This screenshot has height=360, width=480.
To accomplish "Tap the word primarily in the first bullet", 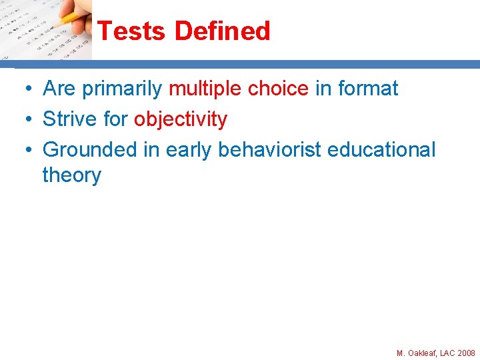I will pos(122,89).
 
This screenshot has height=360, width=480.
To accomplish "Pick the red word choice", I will pos(278,89).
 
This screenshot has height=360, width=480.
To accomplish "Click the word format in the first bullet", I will pos(368,89).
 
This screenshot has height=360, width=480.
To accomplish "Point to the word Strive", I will pos(69,119).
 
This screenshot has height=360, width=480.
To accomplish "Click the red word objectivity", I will pos(181,119).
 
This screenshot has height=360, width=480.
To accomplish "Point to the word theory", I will pos(71,175).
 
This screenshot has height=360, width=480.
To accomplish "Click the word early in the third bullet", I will pos(189,150).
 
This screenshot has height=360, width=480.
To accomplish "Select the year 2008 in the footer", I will pos(466,353).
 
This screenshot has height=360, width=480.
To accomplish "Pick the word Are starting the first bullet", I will pos(58,89).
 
